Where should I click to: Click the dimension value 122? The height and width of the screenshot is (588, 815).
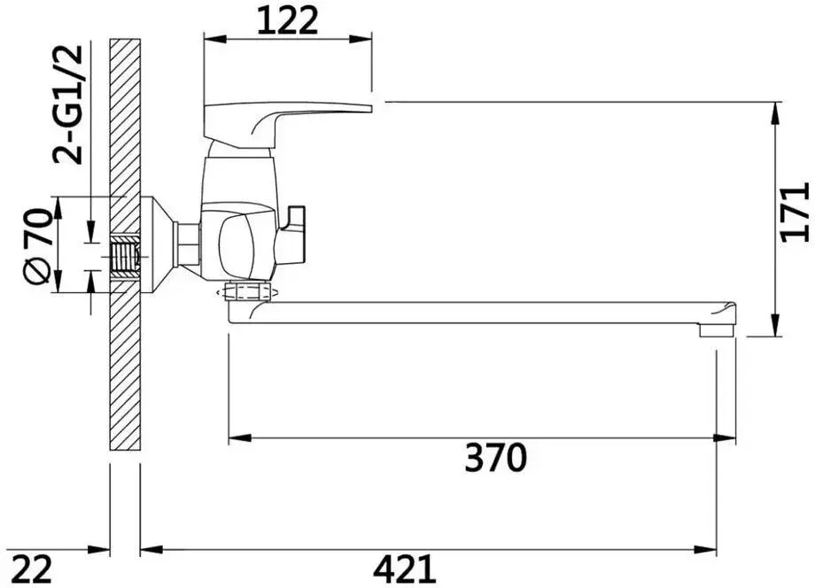point(287,21)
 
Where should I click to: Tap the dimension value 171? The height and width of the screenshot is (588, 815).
point(796,212)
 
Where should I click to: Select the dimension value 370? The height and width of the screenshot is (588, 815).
point(496,458)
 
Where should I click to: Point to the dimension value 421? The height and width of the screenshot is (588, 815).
point(404,569)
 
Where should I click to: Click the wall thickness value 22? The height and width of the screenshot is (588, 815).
point(31,569)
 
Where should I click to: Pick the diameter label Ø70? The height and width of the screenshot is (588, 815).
point(38,246)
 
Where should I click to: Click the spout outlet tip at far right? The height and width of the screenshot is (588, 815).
point(718,329)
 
